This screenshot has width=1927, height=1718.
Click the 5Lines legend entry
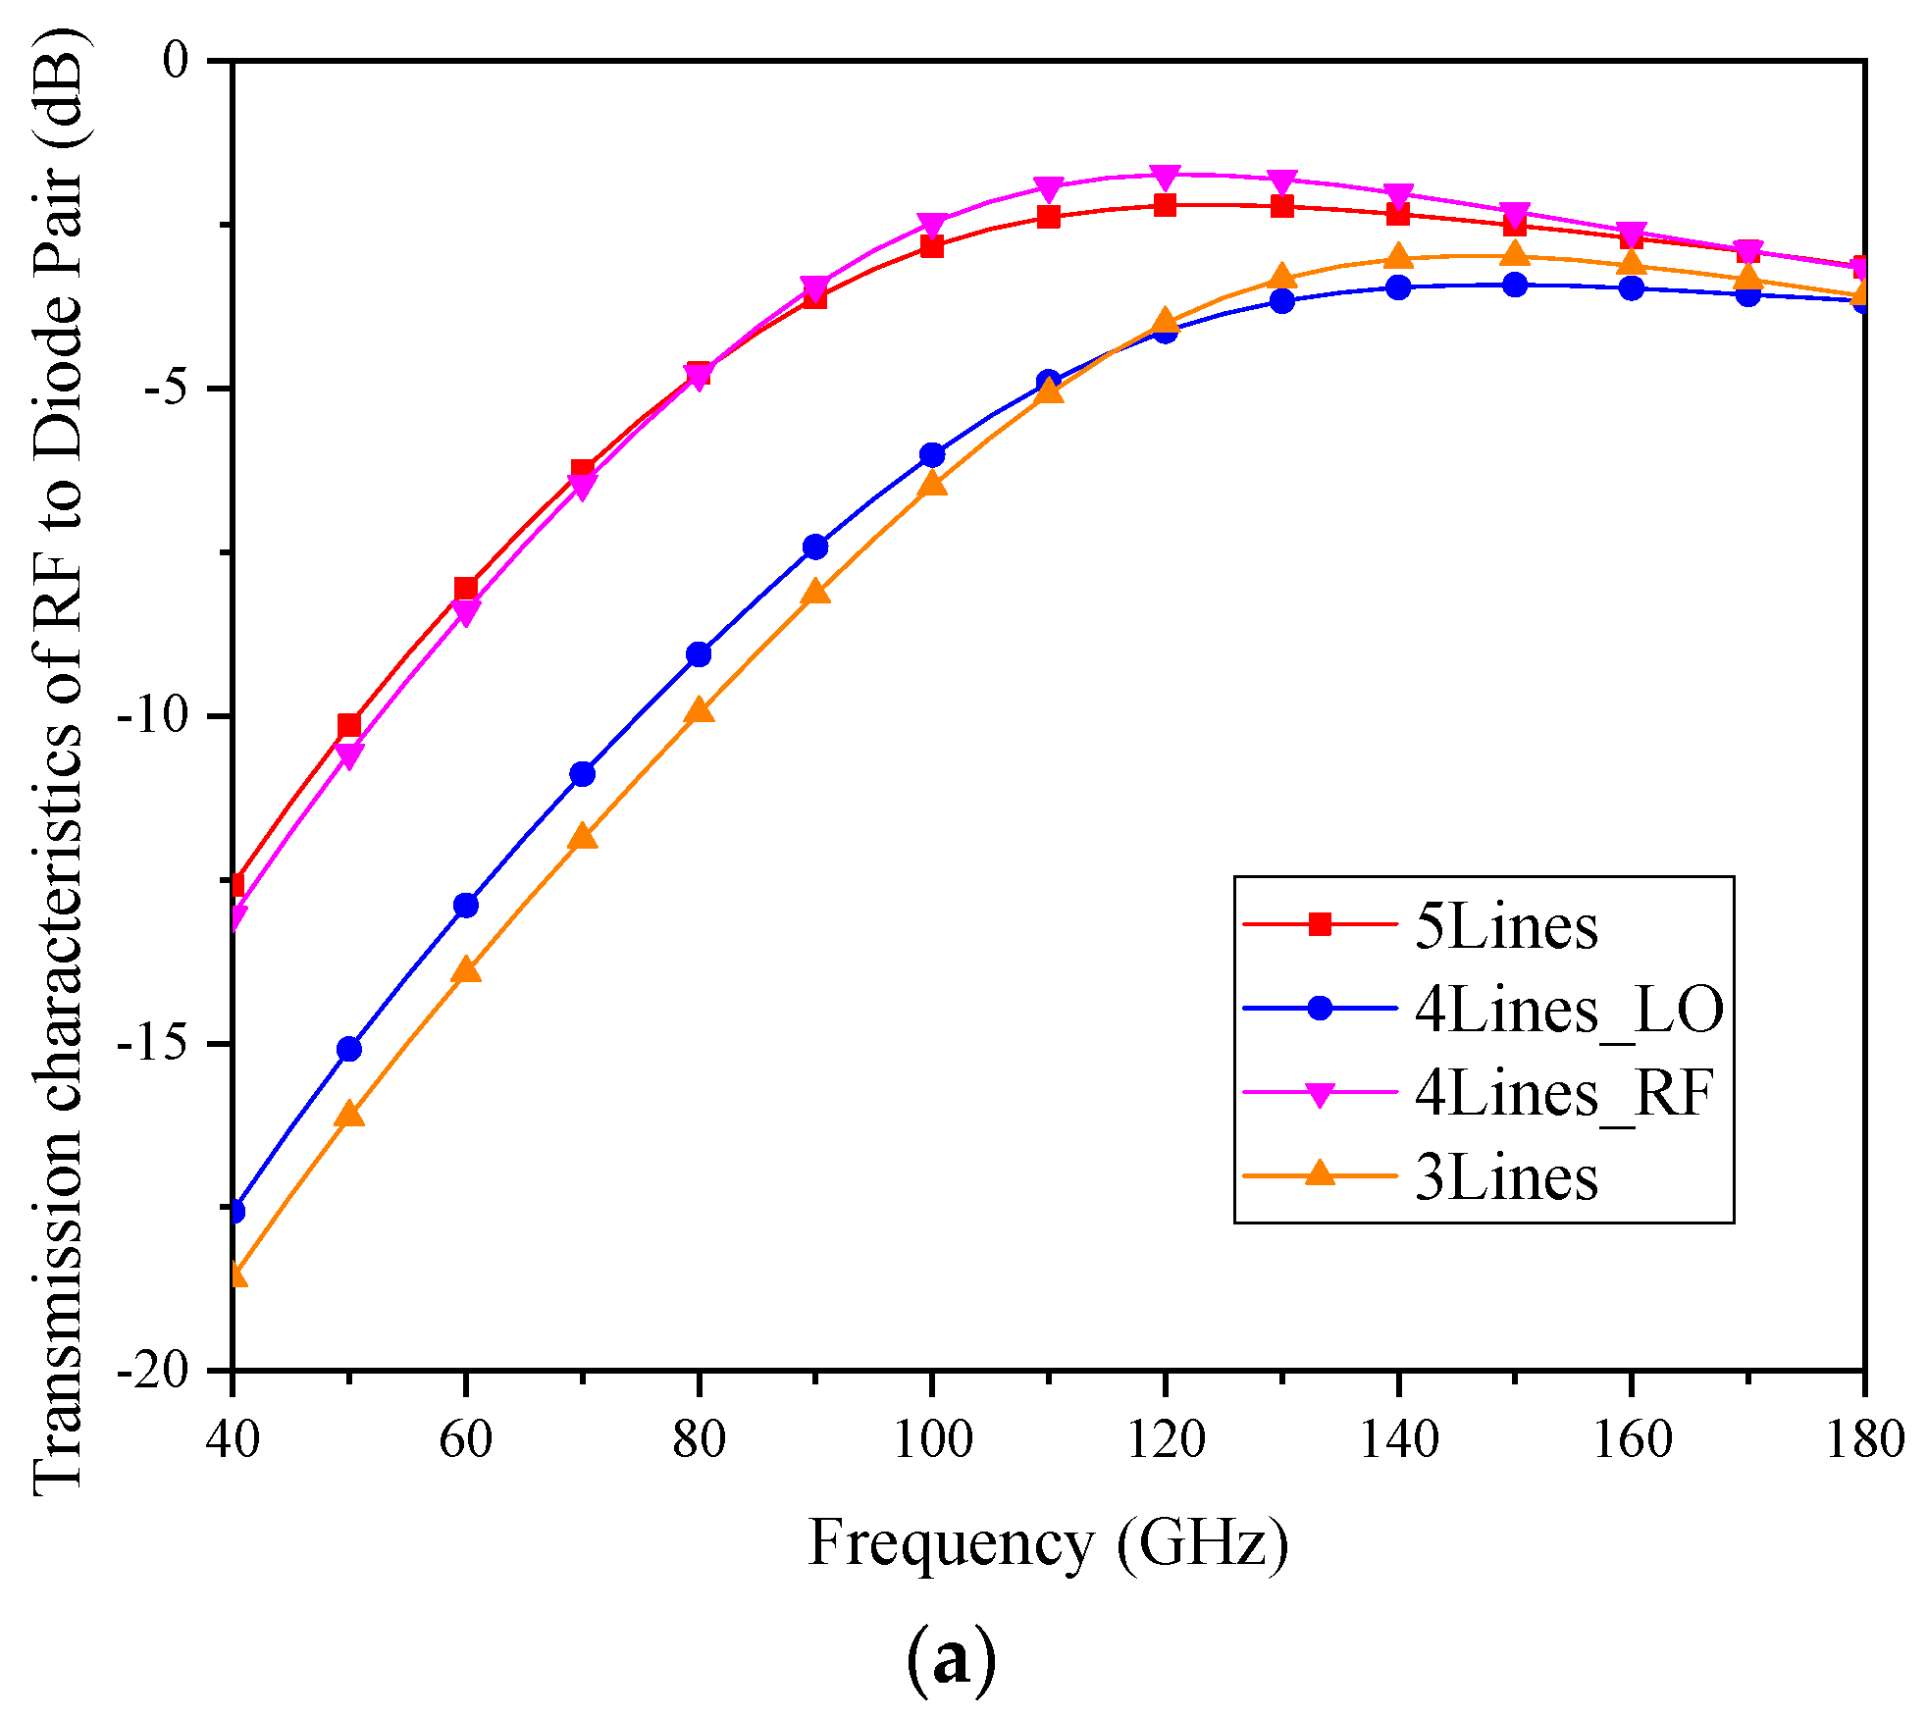click(1505, 925)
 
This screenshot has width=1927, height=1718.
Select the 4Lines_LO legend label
click(1568, 1009)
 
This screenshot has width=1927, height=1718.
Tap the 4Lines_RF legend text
click(1564, 1092)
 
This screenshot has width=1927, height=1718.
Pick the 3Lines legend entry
click(1505, 1176)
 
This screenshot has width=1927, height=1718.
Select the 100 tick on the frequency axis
click(932, 1440)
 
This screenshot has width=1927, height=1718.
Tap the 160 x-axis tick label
click(1631, 1440)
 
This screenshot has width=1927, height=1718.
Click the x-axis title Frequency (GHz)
click(1048, 1543)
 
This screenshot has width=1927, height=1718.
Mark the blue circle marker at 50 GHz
click(349, 1049)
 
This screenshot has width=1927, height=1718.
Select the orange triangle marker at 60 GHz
click(466, 969)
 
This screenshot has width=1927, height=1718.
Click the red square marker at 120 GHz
click(1165, 205)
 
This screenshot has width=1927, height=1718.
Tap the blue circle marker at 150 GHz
click(1515, 286)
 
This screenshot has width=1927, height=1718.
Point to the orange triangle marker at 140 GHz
click(1398, 257)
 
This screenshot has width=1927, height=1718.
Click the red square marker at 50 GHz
click(349, 725)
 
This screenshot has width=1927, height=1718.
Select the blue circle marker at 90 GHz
click(815, 547)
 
